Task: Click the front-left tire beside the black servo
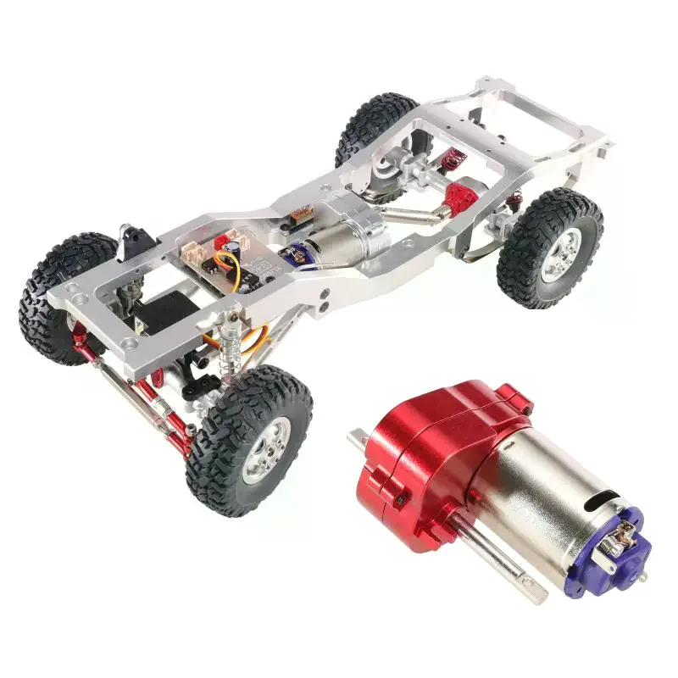(x=59, y=297)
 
